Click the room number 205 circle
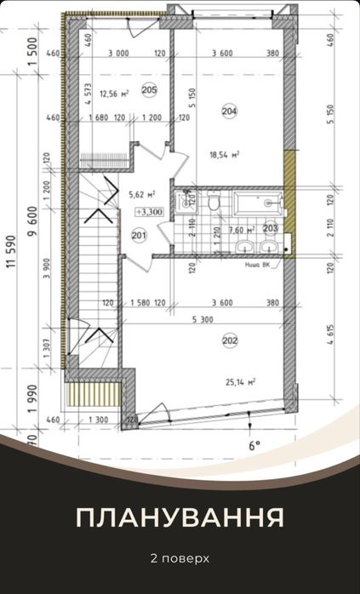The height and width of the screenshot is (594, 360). tap(149, 90)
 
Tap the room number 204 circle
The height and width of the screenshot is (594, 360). tap(229, 111)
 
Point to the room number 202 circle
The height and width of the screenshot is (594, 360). tap(229, 341)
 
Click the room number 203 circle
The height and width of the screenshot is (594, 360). tap(271, 227)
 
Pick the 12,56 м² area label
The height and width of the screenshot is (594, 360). tap(113, 94)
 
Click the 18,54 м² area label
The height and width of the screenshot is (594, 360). tap(225, 154)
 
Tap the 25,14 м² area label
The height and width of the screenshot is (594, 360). tap(242, 382)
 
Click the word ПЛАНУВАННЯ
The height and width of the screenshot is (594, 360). tap(180, 518)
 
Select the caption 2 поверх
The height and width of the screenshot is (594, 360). tap(180, 559)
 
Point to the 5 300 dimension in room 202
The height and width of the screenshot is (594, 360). tap(203, 320)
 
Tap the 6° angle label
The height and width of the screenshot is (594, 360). tap(253, 444)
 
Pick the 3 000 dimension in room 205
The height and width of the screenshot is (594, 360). tap(117, 54)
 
